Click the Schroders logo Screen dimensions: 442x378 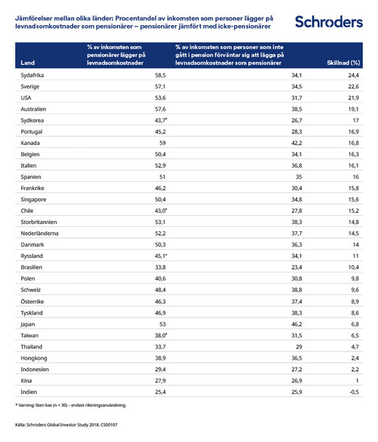click(329, 21)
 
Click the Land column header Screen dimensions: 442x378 click(28, 63)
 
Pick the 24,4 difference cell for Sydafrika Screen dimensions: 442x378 click(353, 75)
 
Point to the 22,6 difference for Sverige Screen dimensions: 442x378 click(353, 86)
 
